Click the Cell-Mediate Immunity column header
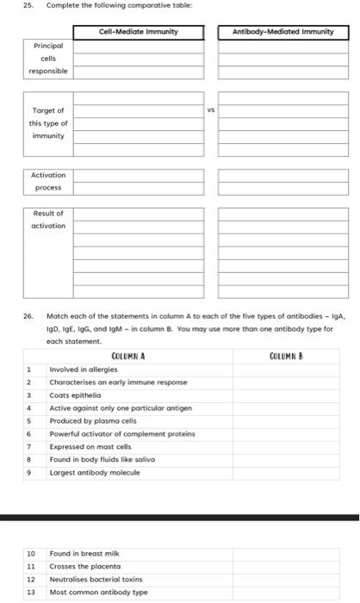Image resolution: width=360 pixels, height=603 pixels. pos(139,33)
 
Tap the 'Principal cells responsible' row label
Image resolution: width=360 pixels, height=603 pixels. pos(49,58)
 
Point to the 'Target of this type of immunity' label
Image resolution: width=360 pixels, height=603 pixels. pos(49,123)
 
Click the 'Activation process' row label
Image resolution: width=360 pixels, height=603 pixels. pos(49,181)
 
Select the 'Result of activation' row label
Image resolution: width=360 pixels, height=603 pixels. pos(49,219)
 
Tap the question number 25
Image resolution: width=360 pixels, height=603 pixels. pos(14,8)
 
